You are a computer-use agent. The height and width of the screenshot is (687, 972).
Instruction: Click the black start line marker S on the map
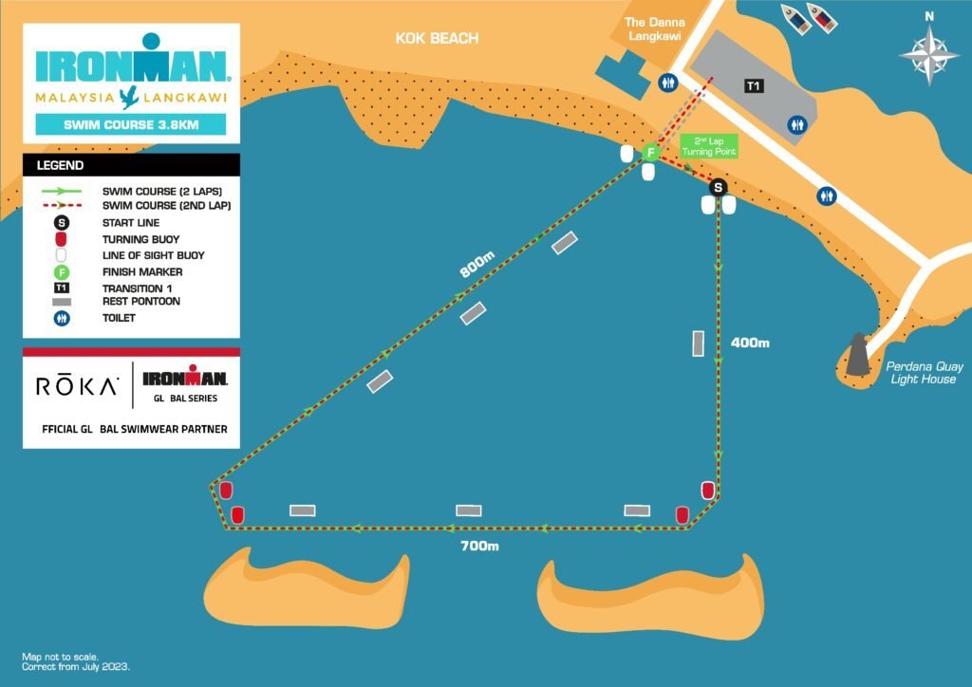point(719,186)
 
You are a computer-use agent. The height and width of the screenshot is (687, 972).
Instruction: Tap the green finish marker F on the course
point(650,152)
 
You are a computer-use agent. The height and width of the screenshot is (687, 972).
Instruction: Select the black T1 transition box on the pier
point(754,86)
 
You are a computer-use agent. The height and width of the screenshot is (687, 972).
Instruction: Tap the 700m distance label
point(479,546)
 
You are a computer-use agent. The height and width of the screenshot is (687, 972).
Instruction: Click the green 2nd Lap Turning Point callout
point(709,146)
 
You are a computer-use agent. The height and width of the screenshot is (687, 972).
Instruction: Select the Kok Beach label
point(438,39)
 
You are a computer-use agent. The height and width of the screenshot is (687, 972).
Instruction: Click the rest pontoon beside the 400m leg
point(699,343)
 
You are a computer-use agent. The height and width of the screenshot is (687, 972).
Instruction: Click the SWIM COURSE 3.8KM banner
point(131,124)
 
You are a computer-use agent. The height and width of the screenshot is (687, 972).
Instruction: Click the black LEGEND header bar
point(131,165)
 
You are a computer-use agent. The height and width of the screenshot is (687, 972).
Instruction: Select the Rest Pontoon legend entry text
point(140,302)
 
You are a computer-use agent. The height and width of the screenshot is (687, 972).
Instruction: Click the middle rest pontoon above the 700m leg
point(469,511)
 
